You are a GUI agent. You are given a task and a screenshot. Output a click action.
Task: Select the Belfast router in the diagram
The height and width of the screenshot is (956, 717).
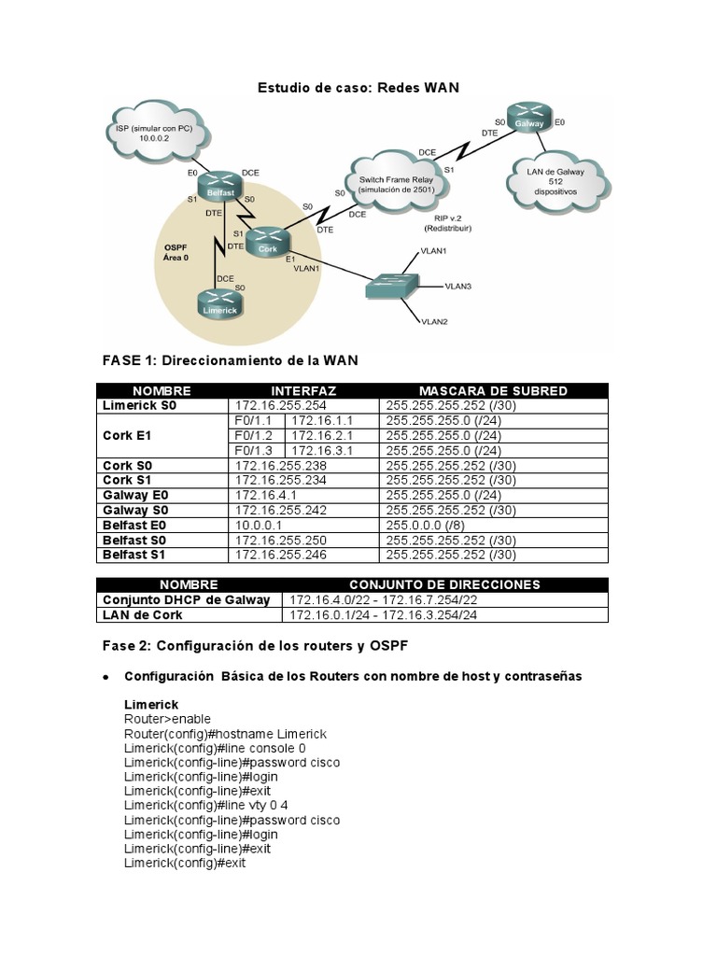(221, 187)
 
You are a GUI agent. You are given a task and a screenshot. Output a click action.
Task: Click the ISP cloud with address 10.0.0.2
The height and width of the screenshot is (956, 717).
(156, 130)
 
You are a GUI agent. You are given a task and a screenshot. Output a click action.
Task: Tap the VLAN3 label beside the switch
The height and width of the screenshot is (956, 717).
(457, 287)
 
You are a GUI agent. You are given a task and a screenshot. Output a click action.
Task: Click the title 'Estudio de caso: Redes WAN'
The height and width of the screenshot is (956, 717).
(358, 88)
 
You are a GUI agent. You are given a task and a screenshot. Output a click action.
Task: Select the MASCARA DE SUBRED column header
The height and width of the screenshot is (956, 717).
(493, 390)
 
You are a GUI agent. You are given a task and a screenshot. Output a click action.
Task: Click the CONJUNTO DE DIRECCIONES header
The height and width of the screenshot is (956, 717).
(444, 584)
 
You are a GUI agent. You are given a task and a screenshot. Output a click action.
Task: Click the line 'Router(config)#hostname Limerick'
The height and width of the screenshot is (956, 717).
(225, 734)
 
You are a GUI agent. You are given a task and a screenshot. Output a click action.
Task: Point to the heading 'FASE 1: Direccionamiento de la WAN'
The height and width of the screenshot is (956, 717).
(229, 359)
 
